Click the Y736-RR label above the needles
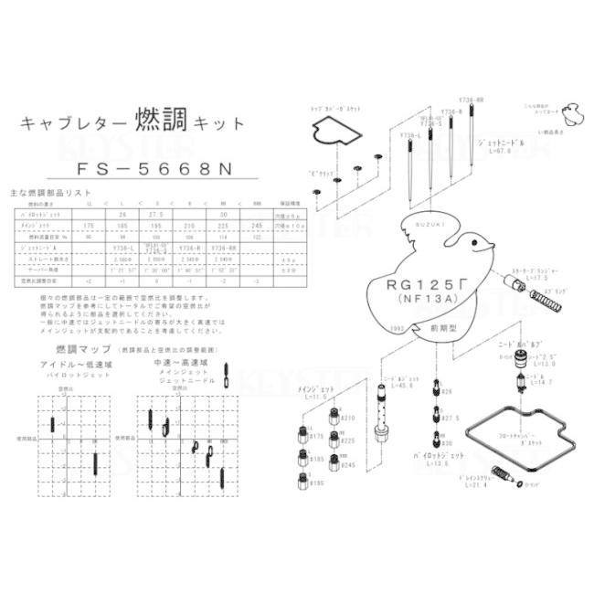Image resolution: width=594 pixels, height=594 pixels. pos(472,101)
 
